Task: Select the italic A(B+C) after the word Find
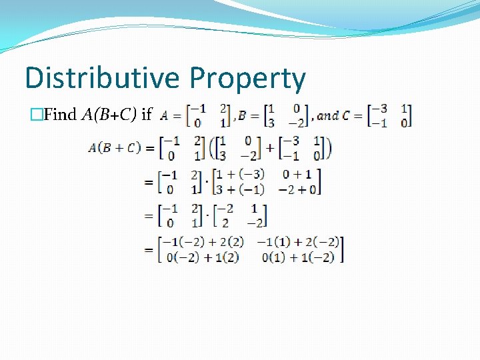pyautogui.click(x=109, y=115)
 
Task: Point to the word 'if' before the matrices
pyautogui.click(x=147, y=115)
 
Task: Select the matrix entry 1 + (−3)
pyautogui.click(x=241, y=174)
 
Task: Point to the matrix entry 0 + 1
pyautogui.click(x=297, y=174)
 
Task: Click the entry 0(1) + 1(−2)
pyautogui.click(x=298, y=256)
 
